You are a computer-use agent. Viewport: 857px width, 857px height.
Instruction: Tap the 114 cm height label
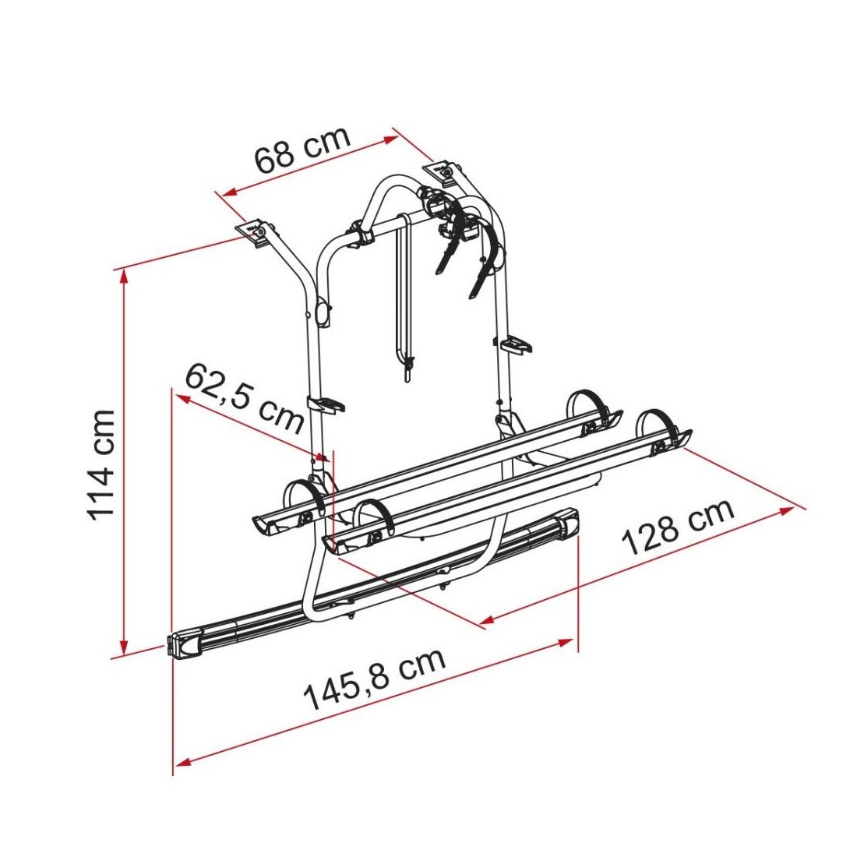(x=101, y=464)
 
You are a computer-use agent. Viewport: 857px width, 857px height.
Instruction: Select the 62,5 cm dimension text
(x=245, y=398)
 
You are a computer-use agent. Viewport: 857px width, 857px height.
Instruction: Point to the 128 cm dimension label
(x=678, y=526)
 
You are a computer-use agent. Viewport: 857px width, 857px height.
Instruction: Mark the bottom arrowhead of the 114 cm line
(x=125, y=647)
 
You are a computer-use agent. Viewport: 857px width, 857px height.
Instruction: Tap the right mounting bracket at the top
(x=444, y=171)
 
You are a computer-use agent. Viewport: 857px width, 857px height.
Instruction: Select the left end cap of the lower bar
(x=184, y=645)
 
